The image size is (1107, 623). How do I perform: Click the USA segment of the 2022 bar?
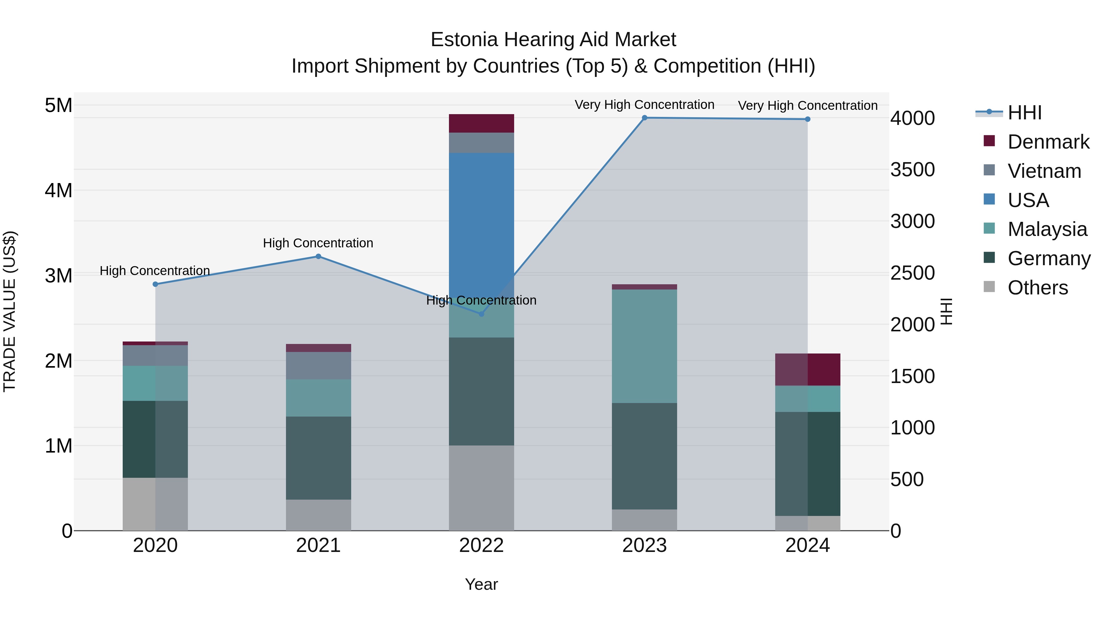click(x=481, y=224)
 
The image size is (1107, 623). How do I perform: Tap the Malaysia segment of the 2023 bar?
click(x=644, y=346)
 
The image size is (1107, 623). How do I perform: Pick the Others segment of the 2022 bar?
click(x=481, y=488)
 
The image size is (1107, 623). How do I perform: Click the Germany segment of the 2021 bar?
click(x=319, y=457)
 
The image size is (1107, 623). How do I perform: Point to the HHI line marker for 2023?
click(x=644, y=118)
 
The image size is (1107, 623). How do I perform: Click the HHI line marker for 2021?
click(x=319, y=256)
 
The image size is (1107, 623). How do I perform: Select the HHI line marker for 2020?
click(x=156, y=284)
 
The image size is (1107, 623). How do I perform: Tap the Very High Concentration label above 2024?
click(x=807, y=105)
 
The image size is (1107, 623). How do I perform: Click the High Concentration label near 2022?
click(x=481, y=300)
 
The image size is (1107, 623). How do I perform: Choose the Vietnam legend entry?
click(x=1044, y=171)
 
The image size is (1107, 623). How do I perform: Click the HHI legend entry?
click(x=1025, y=113)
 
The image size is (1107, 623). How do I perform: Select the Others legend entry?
click(x=1038, y=288)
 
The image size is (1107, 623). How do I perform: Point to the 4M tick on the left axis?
click(x=58, y=190)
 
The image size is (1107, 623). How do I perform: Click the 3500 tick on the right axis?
click(x=912, y=170)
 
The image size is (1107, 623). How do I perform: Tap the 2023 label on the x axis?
click(x=644, y=545)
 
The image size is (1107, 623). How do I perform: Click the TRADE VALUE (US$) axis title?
click(x=10, y=311)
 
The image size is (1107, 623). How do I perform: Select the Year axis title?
click(x=481, y=584)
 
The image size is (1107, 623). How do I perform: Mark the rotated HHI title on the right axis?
click(x=947, y=311)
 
